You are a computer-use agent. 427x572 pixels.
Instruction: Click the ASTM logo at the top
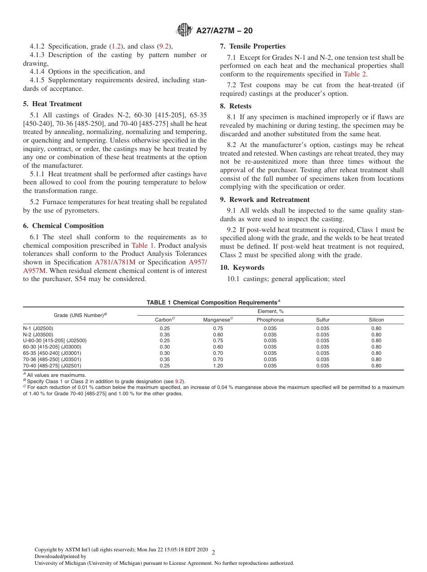pos(185,31)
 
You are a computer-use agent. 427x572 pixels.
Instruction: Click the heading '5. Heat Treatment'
pos(53,104)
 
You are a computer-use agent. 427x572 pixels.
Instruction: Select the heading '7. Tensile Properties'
pos(253,46)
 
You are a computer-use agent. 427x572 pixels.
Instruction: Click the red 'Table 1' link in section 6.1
pos(142,246)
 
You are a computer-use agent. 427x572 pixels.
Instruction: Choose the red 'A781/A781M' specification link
pos(115,262)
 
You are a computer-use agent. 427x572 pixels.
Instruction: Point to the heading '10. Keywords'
pos(242,268)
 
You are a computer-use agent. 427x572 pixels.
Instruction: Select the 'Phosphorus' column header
pos(270,320)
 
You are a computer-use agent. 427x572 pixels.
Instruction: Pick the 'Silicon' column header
pos(376,320)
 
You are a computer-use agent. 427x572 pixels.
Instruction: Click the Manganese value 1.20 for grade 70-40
pos(218,366)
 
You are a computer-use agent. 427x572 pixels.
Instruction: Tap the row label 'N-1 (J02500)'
pos(38,328)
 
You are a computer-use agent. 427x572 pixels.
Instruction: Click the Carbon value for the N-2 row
pos(165,335)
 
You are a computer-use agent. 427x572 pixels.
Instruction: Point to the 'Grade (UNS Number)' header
pos(80,315)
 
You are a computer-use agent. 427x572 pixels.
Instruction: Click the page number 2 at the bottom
pos(213,552)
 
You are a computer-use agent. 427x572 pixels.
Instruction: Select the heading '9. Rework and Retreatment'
pos(265,200)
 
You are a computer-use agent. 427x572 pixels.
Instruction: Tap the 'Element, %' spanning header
pos(270,311)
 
